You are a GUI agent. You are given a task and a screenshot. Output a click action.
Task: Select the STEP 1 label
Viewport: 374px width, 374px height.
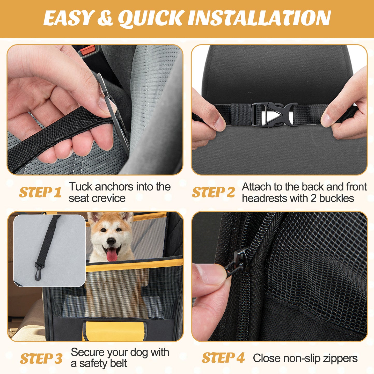click(40, 192)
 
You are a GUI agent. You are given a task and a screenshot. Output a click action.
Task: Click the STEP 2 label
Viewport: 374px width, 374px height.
click(213, 193)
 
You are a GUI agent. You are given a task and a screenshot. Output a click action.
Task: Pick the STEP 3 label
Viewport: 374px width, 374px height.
click(41, 359)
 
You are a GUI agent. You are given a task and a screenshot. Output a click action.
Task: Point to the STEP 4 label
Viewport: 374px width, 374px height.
click(223, 358)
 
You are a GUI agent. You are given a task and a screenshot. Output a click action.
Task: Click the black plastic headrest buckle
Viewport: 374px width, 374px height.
click(274, 114)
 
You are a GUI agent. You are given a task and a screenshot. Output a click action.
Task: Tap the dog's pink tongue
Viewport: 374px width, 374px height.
click(112, 255)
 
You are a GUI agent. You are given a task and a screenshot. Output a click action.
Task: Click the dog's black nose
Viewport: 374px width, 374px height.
click(111, 241)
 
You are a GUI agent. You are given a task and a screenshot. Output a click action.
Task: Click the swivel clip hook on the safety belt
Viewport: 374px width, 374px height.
click(39, 272)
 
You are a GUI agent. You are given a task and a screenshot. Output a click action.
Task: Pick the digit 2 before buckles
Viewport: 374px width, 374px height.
click(313, 199)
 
